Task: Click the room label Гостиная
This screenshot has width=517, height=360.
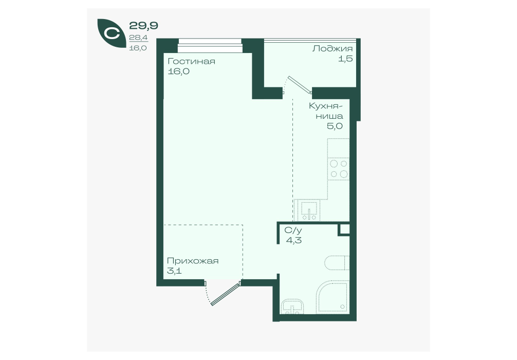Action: [191, 62]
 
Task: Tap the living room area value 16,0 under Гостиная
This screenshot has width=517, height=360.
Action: [178, 71]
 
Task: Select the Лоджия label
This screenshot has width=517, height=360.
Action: [333, 49]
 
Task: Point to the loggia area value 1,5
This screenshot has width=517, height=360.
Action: [345, 59]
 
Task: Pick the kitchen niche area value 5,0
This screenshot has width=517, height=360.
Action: [335, 125]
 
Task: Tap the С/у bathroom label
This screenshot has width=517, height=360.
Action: [293, 230]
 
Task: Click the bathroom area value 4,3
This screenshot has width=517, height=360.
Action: [293, 240]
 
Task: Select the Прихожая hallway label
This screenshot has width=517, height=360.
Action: [193, 261]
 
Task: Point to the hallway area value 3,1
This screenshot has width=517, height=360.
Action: [174, 271]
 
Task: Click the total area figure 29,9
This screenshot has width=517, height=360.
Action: [143, 25]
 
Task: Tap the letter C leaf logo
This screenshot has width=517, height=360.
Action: [111, 33]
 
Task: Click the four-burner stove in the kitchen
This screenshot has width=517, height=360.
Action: [338, 169]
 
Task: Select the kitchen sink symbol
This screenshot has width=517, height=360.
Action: [309, 210]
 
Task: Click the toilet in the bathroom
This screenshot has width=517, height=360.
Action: [337, 263]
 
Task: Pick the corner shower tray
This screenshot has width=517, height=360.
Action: [333, 297]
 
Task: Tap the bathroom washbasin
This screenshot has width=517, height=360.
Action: [293, 307]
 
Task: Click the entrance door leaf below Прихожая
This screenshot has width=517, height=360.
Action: [225, 294]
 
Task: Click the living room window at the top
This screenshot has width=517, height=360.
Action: [210, 46]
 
